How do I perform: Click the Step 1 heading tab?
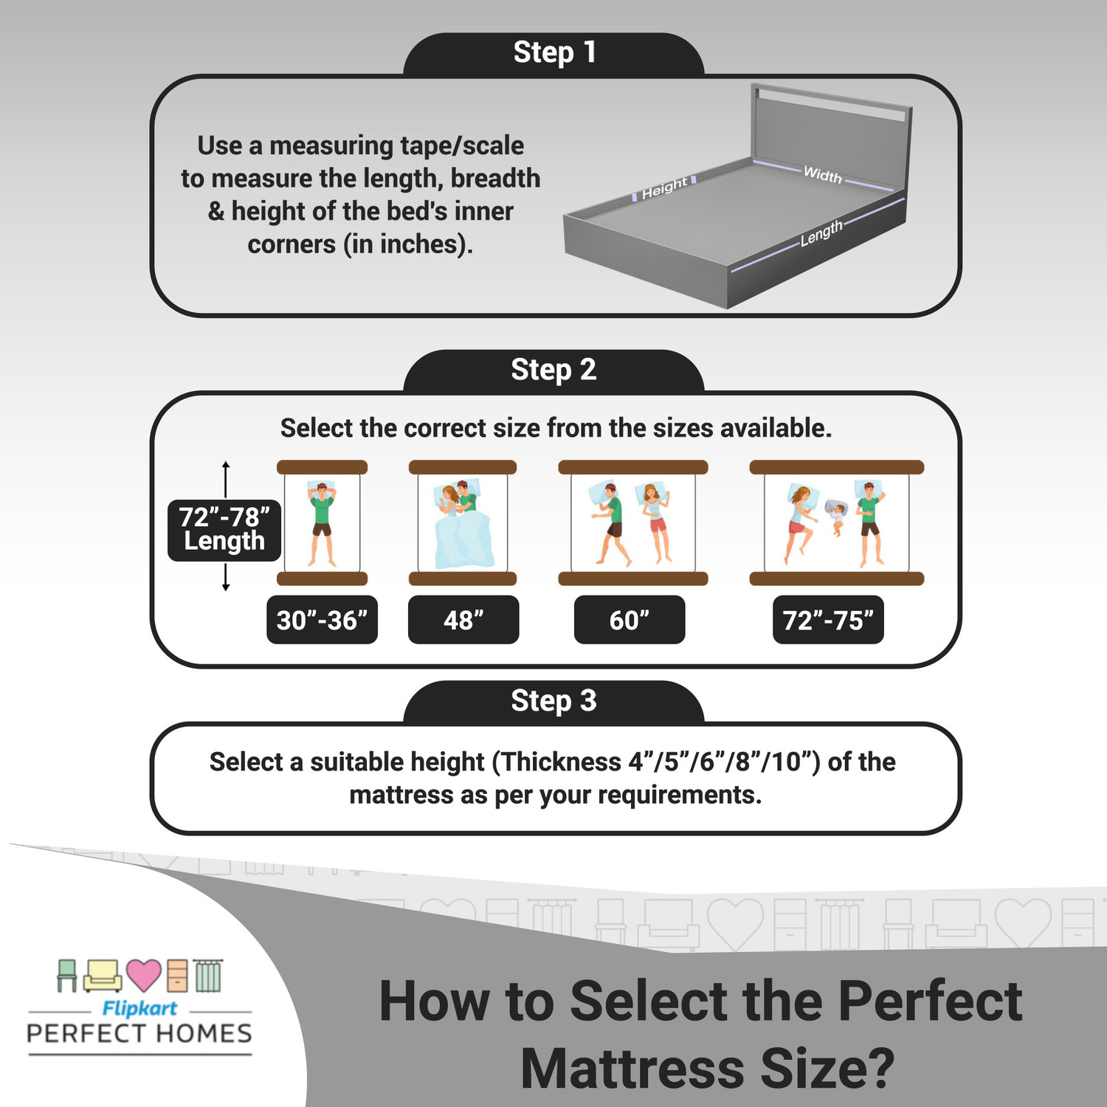pos(553,53)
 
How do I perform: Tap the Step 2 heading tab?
pos(553,370)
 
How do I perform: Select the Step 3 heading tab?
pos(553,700)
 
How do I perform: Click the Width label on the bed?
pos(822,175)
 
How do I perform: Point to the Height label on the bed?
pos(664,188)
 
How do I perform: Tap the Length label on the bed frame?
pos(821,233)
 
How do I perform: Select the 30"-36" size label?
pos(322,620)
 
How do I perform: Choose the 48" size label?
pos(463,620)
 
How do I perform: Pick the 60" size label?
pos(629,620)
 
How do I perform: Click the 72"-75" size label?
pos(827,620)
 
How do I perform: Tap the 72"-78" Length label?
pos(224,529)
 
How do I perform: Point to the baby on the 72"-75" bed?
pos(835,515)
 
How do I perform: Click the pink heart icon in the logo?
pos(143,975)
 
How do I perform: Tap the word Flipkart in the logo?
pos(139,1008)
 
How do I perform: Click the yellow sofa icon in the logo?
pos(103,976)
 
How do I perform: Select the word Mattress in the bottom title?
pos(632,1068)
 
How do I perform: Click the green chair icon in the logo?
pos(67,975)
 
